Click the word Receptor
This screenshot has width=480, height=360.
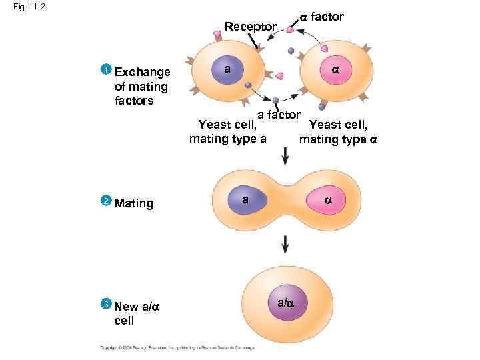pyautogui.click(x=250, y=27)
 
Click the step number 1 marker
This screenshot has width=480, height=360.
pyautogui.click(x=105, y=70)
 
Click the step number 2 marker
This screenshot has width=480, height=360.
pyautogui.click(x=105, y=201)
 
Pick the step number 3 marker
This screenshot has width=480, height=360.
pyautogui.click(x=105, y=305)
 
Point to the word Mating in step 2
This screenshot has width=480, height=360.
pyautogui.click(x=134, y=203)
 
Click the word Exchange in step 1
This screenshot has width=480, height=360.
pyautogui.click(x=142, y=72)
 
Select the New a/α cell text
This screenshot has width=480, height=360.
pyautogui.click(x=137, y=313)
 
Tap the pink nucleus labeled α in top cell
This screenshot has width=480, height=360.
pyautogui.click(x=335, y=70)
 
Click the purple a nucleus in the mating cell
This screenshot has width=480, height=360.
pyautogui.click(x=246, y=200)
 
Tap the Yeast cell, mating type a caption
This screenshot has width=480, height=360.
pyautogui.click(x=228, y=132)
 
